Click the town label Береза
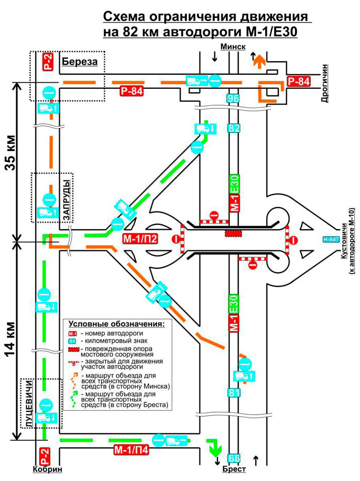coord(79,62)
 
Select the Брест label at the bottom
coord(234,469)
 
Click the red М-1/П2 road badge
coord(140,239)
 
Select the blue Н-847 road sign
coord(330,239)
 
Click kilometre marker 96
coord(233,98)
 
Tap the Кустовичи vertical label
coord(344,240)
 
